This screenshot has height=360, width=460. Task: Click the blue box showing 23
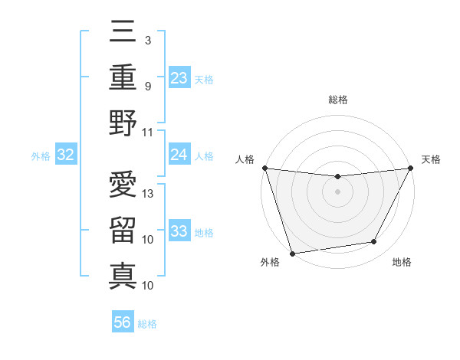[179, 78]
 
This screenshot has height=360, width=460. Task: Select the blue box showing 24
[179, 155]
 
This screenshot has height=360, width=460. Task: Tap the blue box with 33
[179, 231]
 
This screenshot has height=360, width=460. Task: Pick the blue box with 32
[66, 155]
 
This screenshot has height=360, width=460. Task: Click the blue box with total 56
[123, 322]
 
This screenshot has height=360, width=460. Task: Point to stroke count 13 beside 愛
[149, 194]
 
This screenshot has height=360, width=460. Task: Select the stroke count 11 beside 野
[148, 132]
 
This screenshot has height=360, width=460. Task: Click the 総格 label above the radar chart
[338, 100]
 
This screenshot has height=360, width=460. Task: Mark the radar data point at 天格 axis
[411, 169]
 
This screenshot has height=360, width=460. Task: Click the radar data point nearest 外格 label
[292, 253]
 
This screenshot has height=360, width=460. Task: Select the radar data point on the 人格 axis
[264, 168]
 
